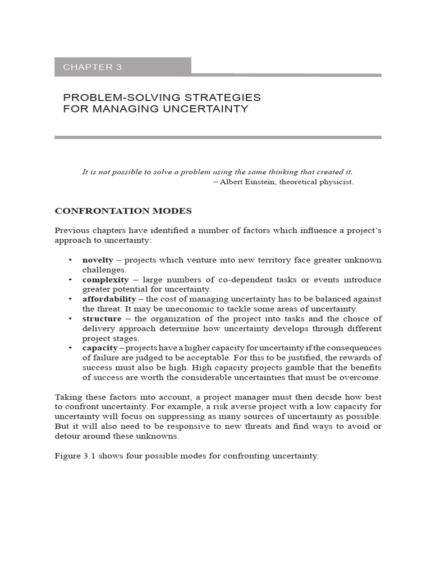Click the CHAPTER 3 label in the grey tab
click(x=93, y=67)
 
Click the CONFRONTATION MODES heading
click(x=123, y=211)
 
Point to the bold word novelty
click(x=98, y=260)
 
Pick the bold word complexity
click(x=106, y=280)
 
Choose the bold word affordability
click(x=109, y=299)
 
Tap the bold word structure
click(x=102, y=319)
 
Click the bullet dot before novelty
click(x=70, y=261)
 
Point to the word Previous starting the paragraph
click(x=71, y=231)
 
